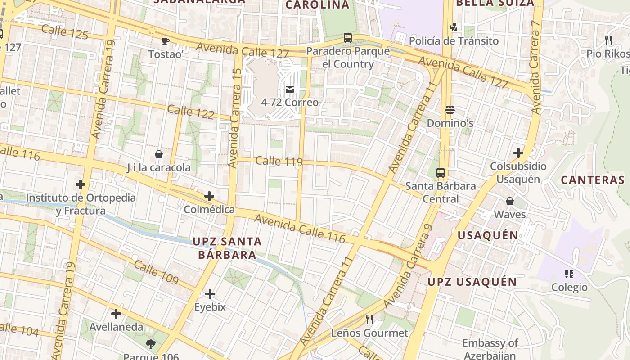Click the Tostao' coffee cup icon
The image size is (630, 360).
tap(166, 41)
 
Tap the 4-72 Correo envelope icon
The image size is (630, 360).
tap(290, 90)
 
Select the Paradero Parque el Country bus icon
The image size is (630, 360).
tap(348, 38)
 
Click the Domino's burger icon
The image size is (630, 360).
tap(450, 110)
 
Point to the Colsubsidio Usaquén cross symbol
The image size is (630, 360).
tap(518, 153)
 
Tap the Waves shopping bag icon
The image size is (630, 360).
tap(510, 201)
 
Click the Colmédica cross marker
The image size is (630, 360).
tap(209, 196)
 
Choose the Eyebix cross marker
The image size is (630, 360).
tap(210, 294)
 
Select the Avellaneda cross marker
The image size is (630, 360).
tap(116, 314)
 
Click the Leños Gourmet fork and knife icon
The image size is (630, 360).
tap(369, 319)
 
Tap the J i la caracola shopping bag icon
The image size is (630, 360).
tap(159, 154)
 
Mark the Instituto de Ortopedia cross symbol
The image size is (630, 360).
tap(81, 184)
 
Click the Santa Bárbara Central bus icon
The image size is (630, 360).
tap(441, 172)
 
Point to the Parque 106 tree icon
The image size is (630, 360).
tap(151, 345)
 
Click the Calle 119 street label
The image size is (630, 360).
tap(279, 161)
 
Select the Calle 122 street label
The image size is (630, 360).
tap(191, 112)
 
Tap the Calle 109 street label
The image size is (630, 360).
tap(156, 272)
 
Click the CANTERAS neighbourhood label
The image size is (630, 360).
tap(593, 180)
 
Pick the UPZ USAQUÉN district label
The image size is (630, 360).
tap(472, 282)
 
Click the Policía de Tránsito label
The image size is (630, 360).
tap(454, 41)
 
